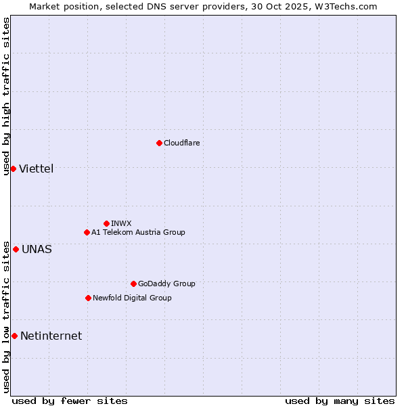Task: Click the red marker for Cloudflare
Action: [x=159, y=143]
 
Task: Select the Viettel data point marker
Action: [x=13, y=168]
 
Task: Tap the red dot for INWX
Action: [x=106, y=223]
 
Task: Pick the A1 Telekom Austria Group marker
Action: [x=87, y=232]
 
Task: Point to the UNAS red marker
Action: [x=16, y=249]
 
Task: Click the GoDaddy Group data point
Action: [x=133, y=284]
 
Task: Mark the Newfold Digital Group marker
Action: [x=88, y=298]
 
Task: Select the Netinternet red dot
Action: [x=14, y=336]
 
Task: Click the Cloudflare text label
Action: [x=181, y=143]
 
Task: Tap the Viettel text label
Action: [x=36, y=168]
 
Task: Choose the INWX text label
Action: [x=121, y=223]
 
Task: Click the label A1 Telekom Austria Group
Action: [x=138, y=232]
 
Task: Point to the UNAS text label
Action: [x=37, y=249]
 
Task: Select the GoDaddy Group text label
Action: [x=166, y=284]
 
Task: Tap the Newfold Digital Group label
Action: [x=132, y=298]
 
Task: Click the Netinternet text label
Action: [x=51, y=336]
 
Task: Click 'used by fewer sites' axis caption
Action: [x=70, y=401]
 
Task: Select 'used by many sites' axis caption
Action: [x=340, y=401]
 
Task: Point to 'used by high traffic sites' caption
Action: [x=6, y=96]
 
